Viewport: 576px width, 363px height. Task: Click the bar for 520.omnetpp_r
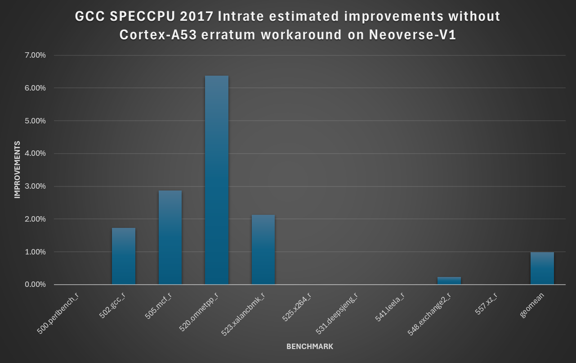[216, 180]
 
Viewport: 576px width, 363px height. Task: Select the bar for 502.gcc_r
[124, 256]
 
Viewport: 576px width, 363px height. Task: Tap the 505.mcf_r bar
[170, 237]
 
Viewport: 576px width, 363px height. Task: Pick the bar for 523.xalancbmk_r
[263, 250]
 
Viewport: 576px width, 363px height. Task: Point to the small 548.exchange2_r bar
[449, 281]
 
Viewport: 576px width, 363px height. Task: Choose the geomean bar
[542, 268]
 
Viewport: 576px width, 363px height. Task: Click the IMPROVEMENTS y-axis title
[17, 170]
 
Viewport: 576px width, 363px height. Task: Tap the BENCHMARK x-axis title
[310, 347]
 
